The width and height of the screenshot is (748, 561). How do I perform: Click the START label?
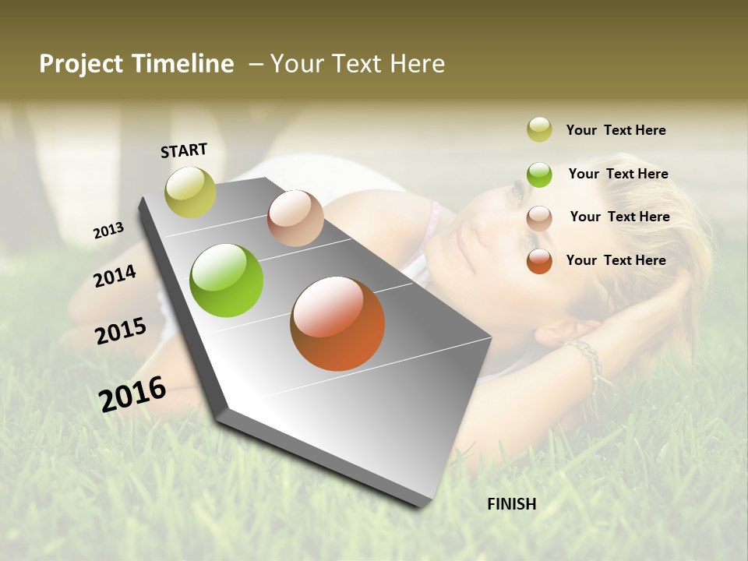pos(184,150)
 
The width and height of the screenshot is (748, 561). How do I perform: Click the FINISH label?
pos(511,504)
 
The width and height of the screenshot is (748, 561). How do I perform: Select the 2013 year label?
pos(108,231)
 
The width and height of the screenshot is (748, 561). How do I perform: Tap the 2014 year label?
pos(115,276)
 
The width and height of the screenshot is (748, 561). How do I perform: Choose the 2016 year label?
pos(132,393)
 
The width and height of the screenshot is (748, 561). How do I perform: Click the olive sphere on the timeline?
pos(190,192)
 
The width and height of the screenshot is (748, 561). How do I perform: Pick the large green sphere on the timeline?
pos(226,280)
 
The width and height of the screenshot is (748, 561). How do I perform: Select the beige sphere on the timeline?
pos(295,218)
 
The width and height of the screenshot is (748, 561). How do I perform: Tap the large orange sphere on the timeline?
pos(337,323)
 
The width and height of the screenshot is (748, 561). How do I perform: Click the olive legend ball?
pos(539,129)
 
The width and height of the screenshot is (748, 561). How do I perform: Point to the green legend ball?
pos(539,174)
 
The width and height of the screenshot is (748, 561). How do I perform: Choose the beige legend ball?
pos(539,217)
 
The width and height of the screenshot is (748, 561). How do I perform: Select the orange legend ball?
pos(539,260)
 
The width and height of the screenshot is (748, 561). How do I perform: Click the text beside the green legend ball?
pos(618,174)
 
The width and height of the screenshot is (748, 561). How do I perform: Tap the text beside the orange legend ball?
pos(616,260)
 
